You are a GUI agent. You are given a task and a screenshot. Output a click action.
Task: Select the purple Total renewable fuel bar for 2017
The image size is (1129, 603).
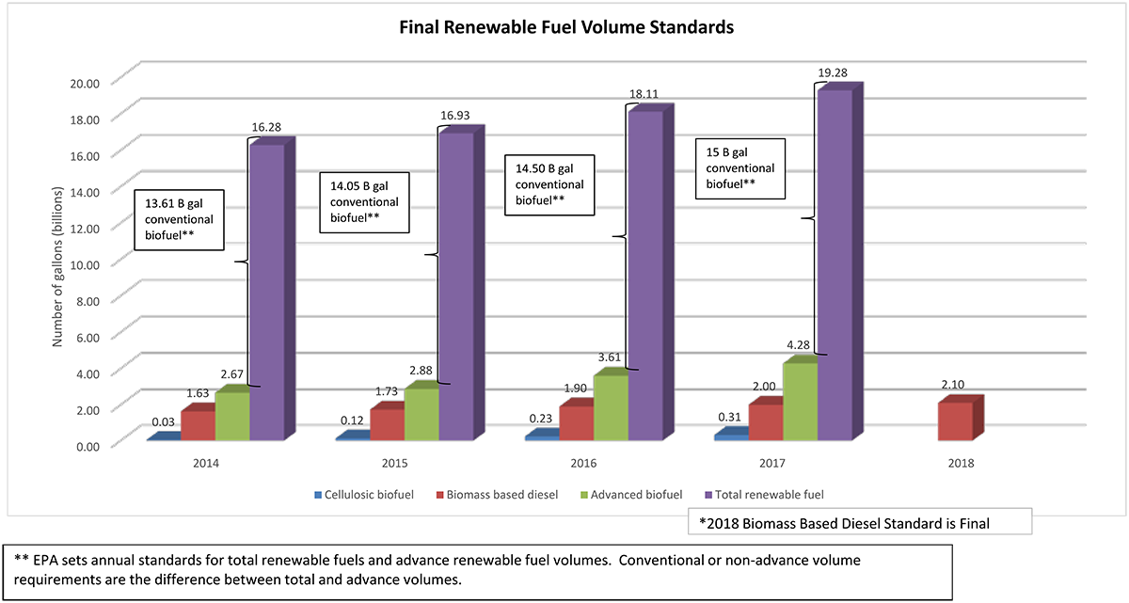[834, 263]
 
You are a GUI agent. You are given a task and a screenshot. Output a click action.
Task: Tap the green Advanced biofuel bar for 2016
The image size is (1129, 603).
[610, 406]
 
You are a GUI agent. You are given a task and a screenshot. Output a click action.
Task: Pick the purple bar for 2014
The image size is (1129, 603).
[266, 292]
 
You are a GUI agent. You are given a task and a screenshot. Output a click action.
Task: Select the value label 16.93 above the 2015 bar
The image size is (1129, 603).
[455, 116]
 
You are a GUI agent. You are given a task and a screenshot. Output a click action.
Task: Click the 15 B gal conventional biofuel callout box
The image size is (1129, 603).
[739, 168]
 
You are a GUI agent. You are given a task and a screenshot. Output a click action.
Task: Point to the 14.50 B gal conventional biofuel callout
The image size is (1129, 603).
[549, 184]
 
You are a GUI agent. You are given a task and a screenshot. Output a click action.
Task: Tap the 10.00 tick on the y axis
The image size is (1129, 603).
[86, 263]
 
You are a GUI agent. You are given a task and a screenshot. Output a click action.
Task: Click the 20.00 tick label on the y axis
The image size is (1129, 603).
[86, 82]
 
